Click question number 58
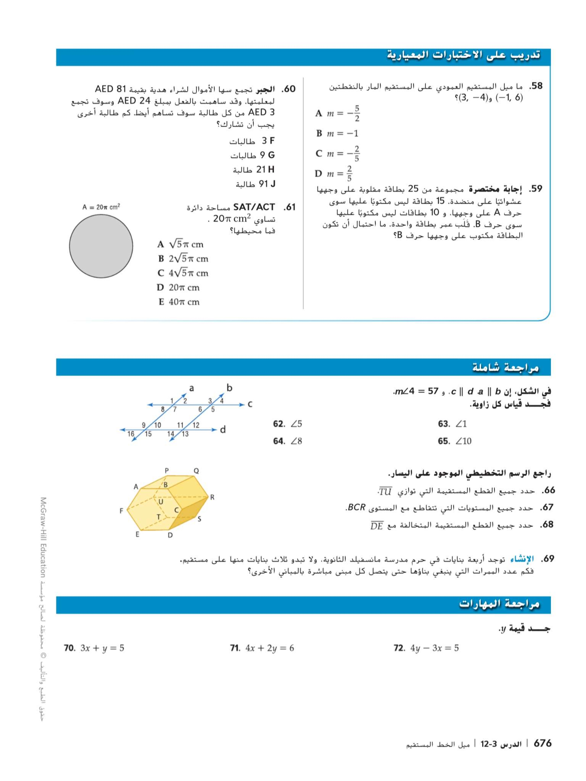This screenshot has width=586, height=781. pyautogui.click(x=535, y=86)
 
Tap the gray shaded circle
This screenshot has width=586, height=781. pyautogui.click(x=101, y=246)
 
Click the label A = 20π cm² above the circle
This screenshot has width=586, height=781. pyautogui.click(x=101, y=207)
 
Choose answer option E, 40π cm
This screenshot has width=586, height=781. pyautogui.click(x=179, y=302)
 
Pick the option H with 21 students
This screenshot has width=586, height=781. pyautogui.click(x=254, y=170)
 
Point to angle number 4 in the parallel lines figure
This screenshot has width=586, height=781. pyautogui.click(x=222, y=401)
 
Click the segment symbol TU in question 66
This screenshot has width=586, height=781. pyautogui.click(x=385, y=491)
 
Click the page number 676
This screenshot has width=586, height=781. pyautogui.click(x=542, y=743)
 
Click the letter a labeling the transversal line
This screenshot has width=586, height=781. pyautogui.click(x=191, y=388)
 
